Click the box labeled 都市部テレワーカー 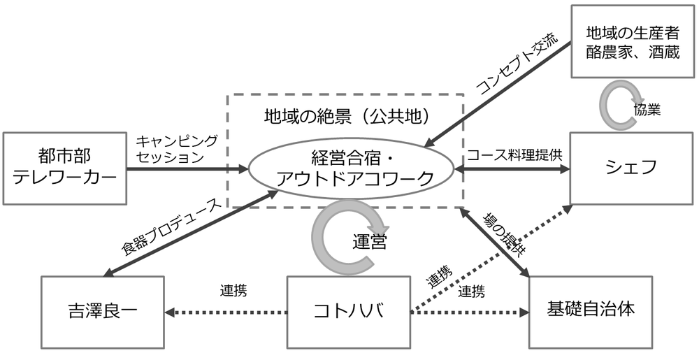tap(65, 168)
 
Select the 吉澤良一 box tap(102, 310)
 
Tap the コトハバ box tap(348, 310)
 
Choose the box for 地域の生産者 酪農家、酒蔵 tap(633, 41)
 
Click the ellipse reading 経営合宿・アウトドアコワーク tap(354, 168)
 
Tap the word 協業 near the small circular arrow tap(647, 110)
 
